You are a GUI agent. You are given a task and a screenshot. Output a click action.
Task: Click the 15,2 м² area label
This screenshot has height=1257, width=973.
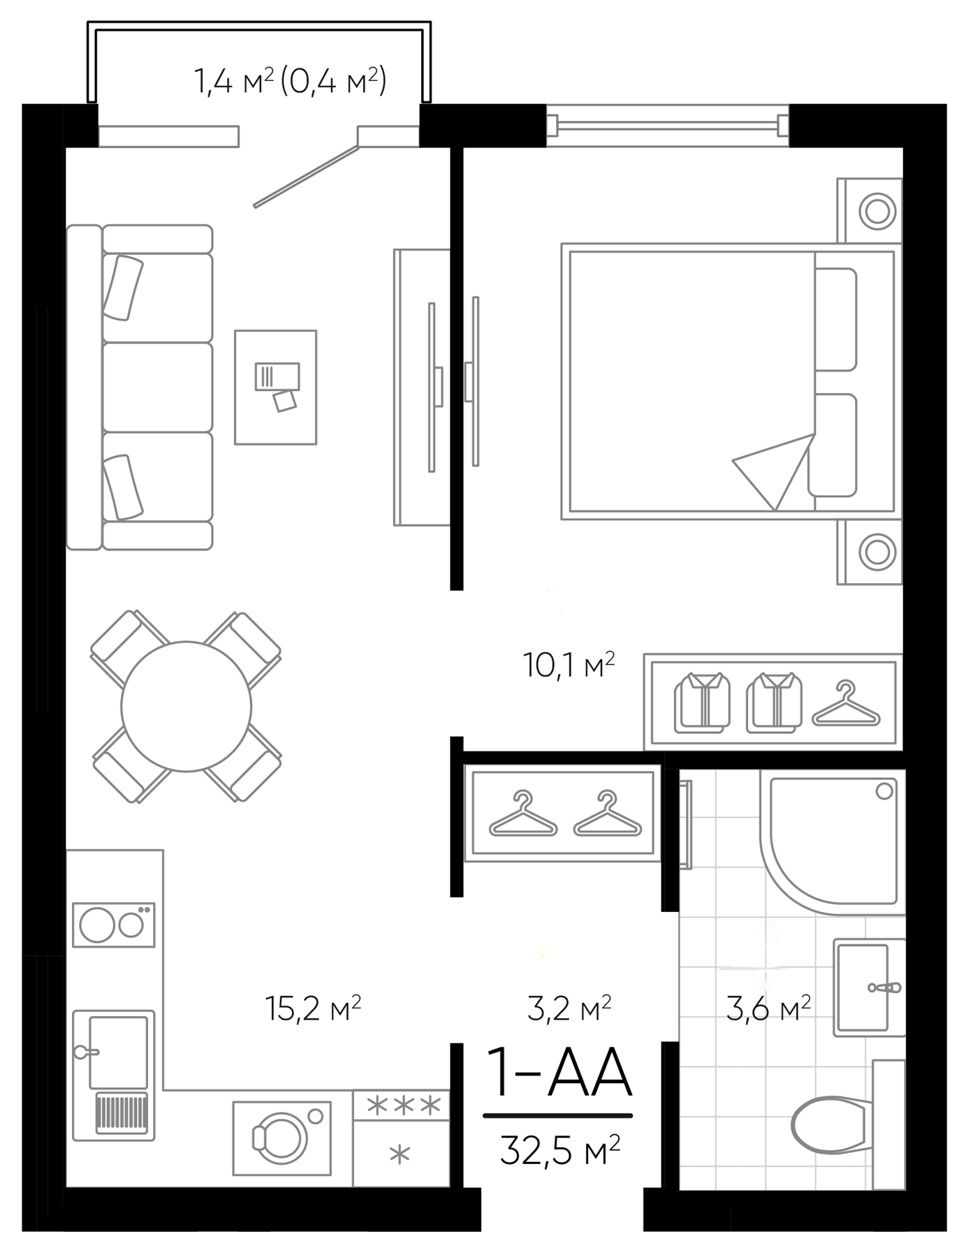(313, 1008)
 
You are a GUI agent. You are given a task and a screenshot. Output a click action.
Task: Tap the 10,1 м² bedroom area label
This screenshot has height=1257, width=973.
(569, 665)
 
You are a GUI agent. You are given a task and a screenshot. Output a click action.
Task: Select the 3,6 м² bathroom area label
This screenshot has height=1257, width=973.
(768, 1008)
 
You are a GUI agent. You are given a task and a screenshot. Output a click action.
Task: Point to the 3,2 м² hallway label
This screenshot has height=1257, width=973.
(569, 1008)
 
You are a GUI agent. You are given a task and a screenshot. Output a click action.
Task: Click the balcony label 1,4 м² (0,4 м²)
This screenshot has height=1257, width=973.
(290, 82)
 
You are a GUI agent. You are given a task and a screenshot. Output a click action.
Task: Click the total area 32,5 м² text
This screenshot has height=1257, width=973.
(559, 1151)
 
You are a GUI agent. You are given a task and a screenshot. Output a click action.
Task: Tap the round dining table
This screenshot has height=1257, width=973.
(186, 706)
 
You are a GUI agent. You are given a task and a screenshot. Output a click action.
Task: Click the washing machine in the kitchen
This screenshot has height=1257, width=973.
(281, 1139)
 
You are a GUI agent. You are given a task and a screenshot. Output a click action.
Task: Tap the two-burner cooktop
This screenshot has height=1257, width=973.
(114, 925)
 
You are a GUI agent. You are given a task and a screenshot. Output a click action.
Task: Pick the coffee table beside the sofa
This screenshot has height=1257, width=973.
(275, 387)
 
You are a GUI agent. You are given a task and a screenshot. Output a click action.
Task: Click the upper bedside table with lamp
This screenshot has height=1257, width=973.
(870, 211)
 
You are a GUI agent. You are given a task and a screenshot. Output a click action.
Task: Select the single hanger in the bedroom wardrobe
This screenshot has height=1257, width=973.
(846, 705)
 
